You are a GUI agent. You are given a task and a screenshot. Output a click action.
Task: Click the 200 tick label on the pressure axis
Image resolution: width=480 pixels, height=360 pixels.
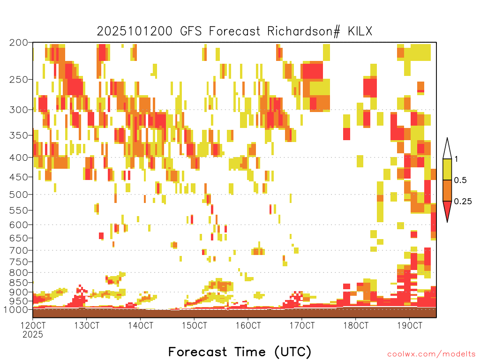18,43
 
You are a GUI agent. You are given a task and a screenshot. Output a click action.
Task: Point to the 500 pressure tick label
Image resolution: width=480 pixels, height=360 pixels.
18,195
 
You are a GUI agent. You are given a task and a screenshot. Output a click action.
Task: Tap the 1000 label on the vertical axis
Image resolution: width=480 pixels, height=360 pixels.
16,310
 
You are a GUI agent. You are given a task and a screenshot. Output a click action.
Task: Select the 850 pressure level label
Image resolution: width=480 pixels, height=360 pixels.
18,283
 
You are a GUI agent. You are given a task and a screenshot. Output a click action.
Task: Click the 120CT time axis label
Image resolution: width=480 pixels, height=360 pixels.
33,325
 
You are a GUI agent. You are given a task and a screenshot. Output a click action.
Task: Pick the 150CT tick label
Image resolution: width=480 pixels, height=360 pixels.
195,325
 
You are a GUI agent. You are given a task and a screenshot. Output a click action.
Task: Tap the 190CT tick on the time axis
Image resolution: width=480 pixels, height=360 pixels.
410,325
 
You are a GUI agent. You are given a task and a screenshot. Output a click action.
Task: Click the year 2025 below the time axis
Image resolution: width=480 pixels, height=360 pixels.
33,335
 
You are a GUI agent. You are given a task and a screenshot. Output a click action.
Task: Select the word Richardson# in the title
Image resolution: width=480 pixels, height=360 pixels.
304,31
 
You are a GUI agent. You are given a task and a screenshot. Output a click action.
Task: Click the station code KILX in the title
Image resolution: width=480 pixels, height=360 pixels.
360,31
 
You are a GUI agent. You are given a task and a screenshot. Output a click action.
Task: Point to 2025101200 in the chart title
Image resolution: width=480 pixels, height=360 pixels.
135,31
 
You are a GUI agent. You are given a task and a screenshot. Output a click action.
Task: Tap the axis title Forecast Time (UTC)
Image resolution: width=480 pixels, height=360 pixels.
240,352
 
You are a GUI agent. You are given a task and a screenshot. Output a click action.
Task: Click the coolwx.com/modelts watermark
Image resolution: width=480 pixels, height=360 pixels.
431,354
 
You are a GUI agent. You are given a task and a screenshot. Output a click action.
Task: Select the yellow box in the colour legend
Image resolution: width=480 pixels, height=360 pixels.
447,169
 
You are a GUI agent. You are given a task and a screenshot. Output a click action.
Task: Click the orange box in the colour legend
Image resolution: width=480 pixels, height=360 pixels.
447,190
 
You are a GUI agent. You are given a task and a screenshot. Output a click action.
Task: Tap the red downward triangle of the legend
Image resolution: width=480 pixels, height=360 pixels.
447,210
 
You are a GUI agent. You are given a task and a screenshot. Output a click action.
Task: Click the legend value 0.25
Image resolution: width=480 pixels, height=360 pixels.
463,202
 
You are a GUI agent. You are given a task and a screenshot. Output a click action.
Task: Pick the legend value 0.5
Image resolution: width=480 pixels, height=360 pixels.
460,180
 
